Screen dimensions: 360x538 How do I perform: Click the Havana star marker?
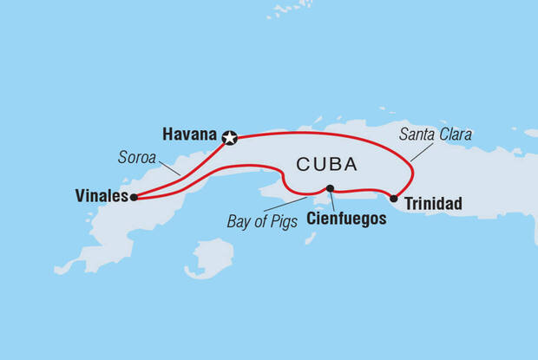point(230,136)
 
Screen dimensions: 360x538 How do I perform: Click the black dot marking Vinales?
point(134,197)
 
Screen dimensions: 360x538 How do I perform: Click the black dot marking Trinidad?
point(394,199)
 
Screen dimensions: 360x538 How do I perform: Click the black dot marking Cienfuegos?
point(330,188)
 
